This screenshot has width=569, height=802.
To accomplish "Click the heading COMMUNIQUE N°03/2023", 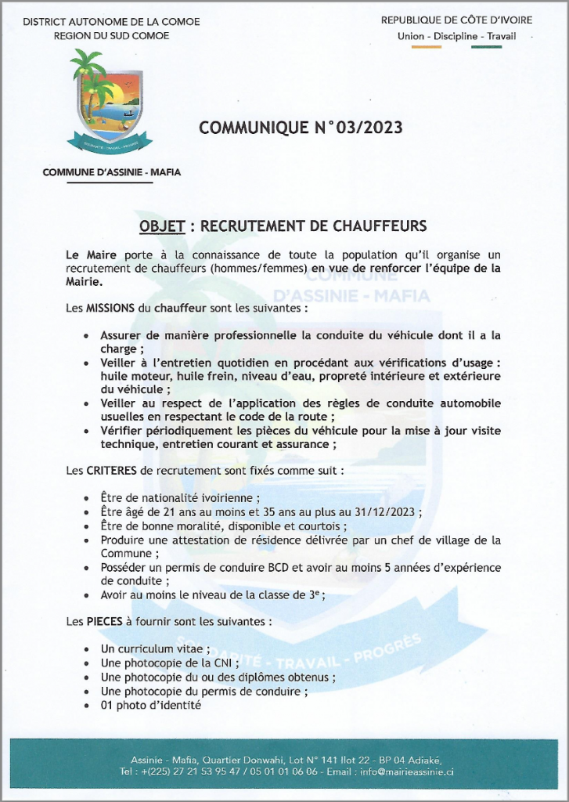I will (x=301, y=128).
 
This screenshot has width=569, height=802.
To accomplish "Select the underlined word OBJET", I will (x=162, y=226).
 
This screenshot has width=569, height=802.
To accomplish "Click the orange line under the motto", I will (x=427, y=47).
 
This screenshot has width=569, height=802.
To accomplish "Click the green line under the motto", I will (x=486, y=47).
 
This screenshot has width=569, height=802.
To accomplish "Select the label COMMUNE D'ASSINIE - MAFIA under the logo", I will (x=112, y=172).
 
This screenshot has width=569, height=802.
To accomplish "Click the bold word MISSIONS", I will (x=110, y=309).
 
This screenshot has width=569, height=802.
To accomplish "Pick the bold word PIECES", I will (x=104, y=622).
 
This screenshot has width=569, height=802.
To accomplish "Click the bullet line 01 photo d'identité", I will (x=151, y=705).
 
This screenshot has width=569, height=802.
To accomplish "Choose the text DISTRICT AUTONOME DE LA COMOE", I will (x=111, y=22).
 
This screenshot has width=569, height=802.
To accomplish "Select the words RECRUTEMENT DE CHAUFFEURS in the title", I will (x=314, y=226).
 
